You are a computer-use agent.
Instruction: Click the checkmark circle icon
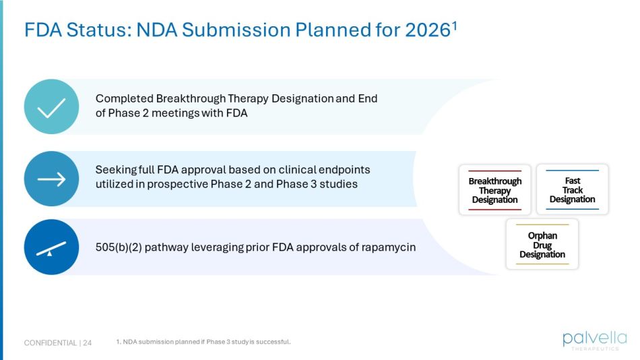point(51,107)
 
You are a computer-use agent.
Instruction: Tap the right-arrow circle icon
point(51,179)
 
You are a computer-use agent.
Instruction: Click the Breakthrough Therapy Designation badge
point(494,190)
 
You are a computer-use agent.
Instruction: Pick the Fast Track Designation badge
point(572,190)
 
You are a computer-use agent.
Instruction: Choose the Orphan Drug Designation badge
point(542,245)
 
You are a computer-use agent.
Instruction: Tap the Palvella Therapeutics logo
point(595,340)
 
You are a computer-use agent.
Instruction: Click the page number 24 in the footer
point(88,343)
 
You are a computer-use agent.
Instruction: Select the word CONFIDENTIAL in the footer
point(50,343)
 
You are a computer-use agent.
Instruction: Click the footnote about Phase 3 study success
point(203,342)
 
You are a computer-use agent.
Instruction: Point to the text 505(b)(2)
point(119,247)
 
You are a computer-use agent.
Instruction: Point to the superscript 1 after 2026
point(455,26)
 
